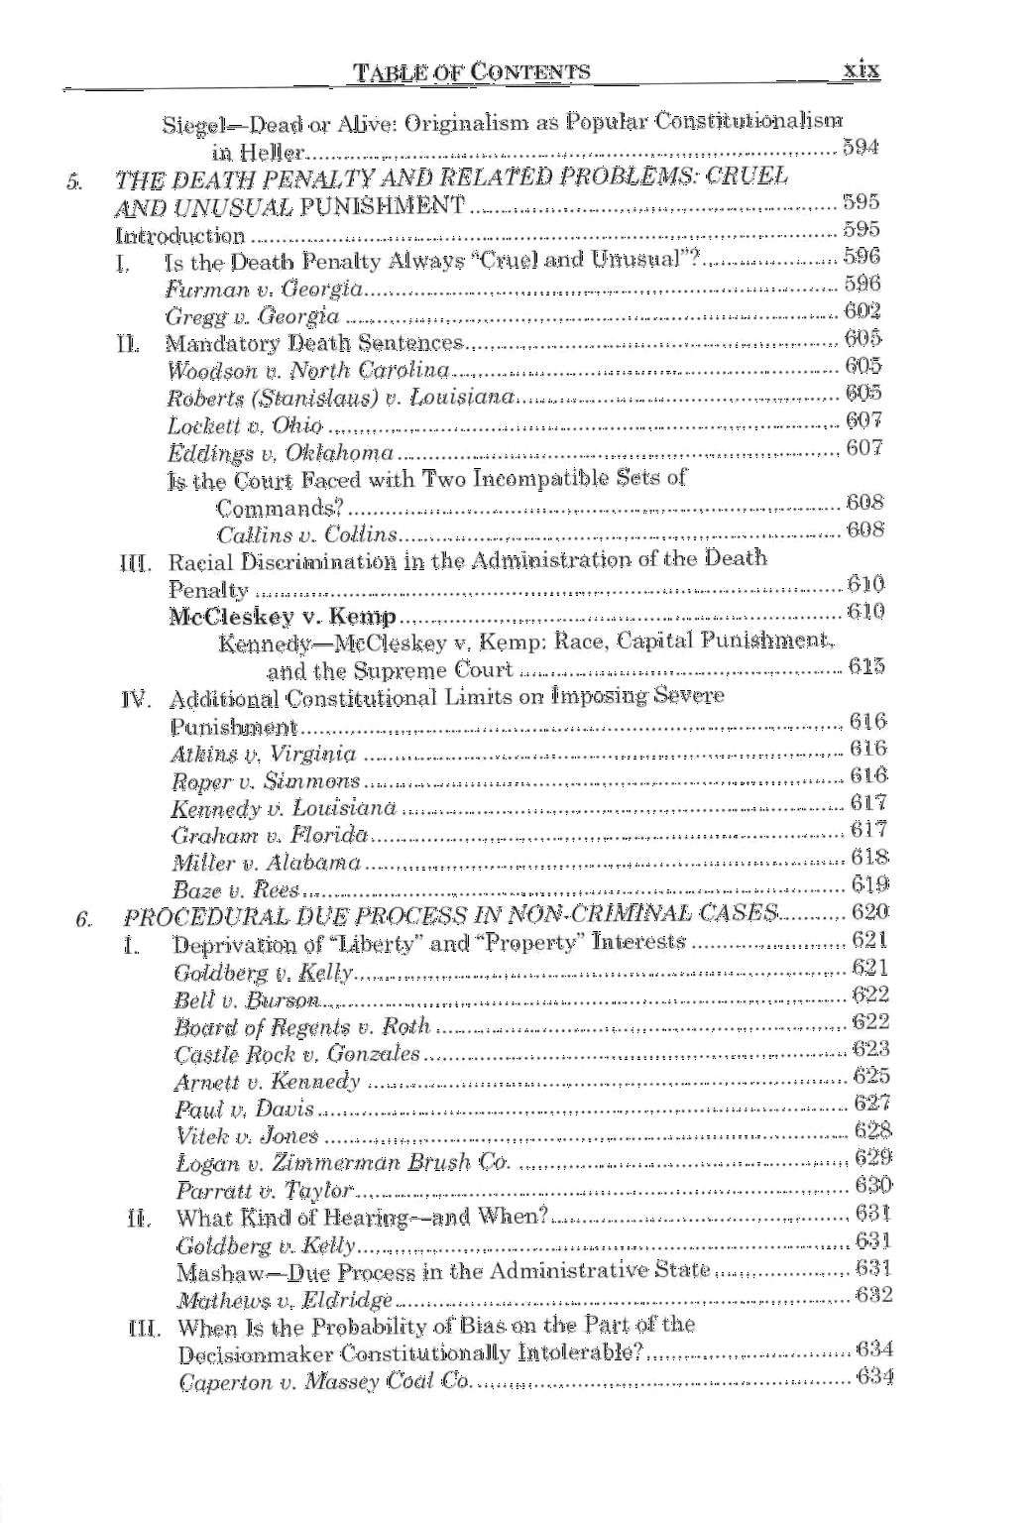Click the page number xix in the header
pyautogui.click(x=860, y=70)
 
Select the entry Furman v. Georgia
pyautogui.click(x=262, y=290)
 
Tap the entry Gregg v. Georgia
pyautogui.click(x=252, y=316)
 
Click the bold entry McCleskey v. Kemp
pyautogui.click(x=283, y=616)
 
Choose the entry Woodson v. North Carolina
pyautogui.click(x=308, y=371)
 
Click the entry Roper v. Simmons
pyautogui.click(x=266, y=781)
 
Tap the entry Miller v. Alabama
pyautogui.click(x=266, y=863)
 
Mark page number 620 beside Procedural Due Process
pyautogui.click(x=869, y=912)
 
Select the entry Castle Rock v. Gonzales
pyautogui.click(x=296, y=1054)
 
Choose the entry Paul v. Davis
pyautogui.click(x=244, y=1109)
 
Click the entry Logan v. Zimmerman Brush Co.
pyautogui.click(x=342, y=1163)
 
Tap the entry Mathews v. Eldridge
pyautogui.click(x=284, y=1299)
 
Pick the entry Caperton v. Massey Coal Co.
pyautogui.click(x=323, y=1381)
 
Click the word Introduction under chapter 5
pyautogui.click(x=179, y=236)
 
